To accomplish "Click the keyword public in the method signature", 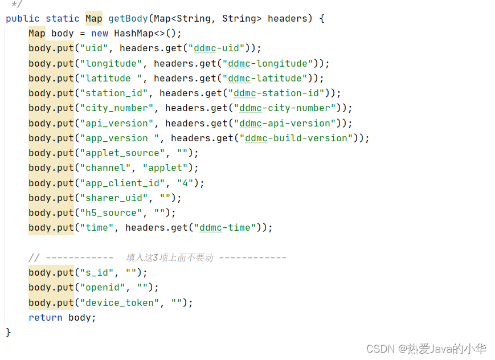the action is coord(23,19).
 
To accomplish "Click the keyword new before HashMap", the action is coord(100,34).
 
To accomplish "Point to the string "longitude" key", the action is coord(111,63).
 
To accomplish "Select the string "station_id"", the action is coord(114,93).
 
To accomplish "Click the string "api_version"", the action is coord(117,123).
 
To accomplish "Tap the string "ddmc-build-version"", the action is coord(299,138).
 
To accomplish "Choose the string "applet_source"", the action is coord(122,153).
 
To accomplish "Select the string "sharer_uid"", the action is coord(117,198).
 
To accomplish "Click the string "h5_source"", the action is coord(111,212).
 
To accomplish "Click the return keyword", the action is coord(46,318).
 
